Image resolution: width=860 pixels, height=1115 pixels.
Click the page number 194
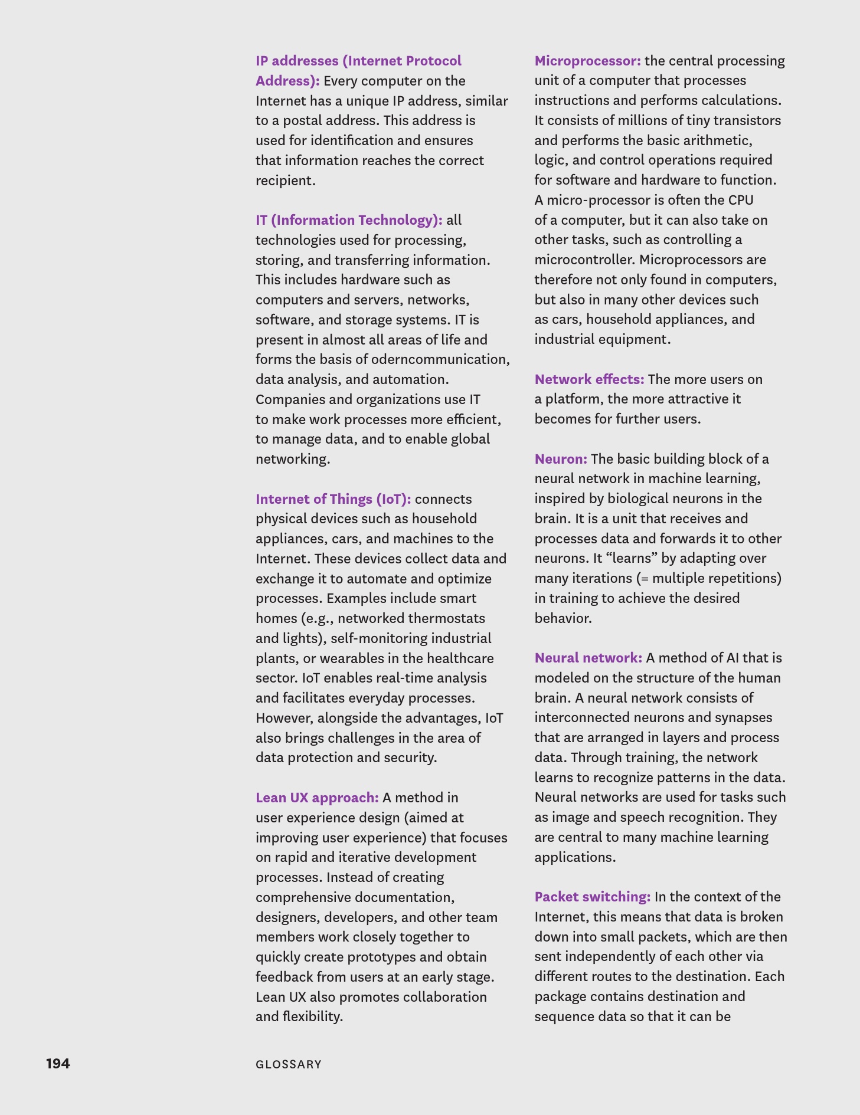(x=58, y=1063)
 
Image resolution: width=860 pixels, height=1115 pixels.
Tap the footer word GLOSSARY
(x=289, y=1064)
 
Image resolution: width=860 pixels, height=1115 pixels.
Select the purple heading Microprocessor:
(x=587, y=61)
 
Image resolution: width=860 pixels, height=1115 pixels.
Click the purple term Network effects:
(x=589, y=379)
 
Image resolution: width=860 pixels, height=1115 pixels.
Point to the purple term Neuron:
(x=561, y=459)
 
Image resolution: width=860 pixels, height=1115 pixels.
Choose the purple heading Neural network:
(x=588, y=658)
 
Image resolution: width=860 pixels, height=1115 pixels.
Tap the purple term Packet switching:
(x=592, y=897)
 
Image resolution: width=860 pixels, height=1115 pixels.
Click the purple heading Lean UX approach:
(x=317, y=798)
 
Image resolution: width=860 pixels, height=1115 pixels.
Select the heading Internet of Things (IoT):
(x=333, y=499)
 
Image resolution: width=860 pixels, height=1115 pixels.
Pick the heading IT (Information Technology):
(x=349, y=220)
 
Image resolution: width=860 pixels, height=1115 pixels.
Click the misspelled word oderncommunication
(x=440, y=359)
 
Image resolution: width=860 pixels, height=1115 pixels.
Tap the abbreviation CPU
(x=741, y=200)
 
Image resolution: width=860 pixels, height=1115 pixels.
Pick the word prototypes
(x=381, y=957)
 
